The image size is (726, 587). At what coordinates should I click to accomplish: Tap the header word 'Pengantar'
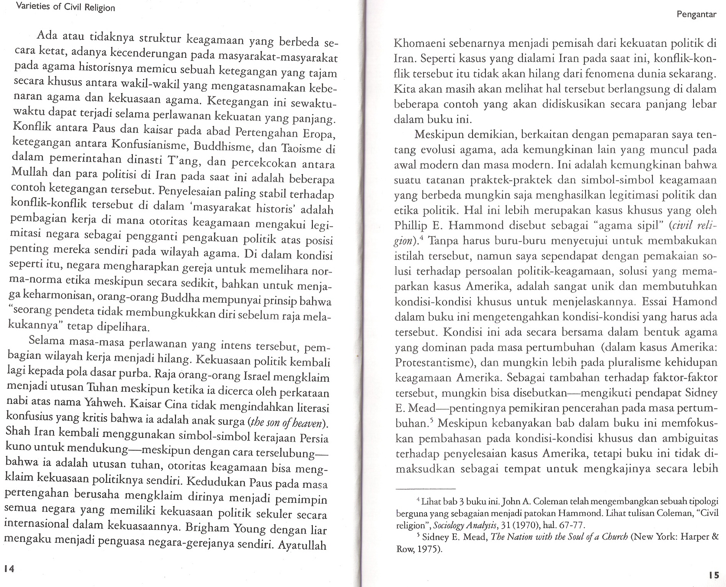click(696, 15)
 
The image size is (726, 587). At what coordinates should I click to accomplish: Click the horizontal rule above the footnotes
click(425, 489)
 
